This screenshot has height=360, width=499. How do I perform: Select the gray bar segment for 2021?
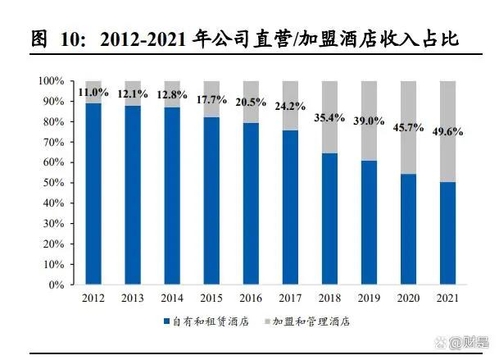(448, 131)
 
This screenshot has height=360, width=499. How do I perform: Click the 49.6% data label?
(448, 132)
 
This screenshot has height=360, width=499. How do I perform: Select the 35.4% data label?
(329, 117)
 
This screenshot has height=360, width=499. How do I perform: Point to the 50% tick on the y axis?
(51, 183)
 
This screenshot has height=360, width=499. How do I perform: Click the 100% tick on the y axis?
(49, 81)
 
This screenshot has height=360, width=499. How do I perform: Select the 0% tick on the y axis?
(54, 285)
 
